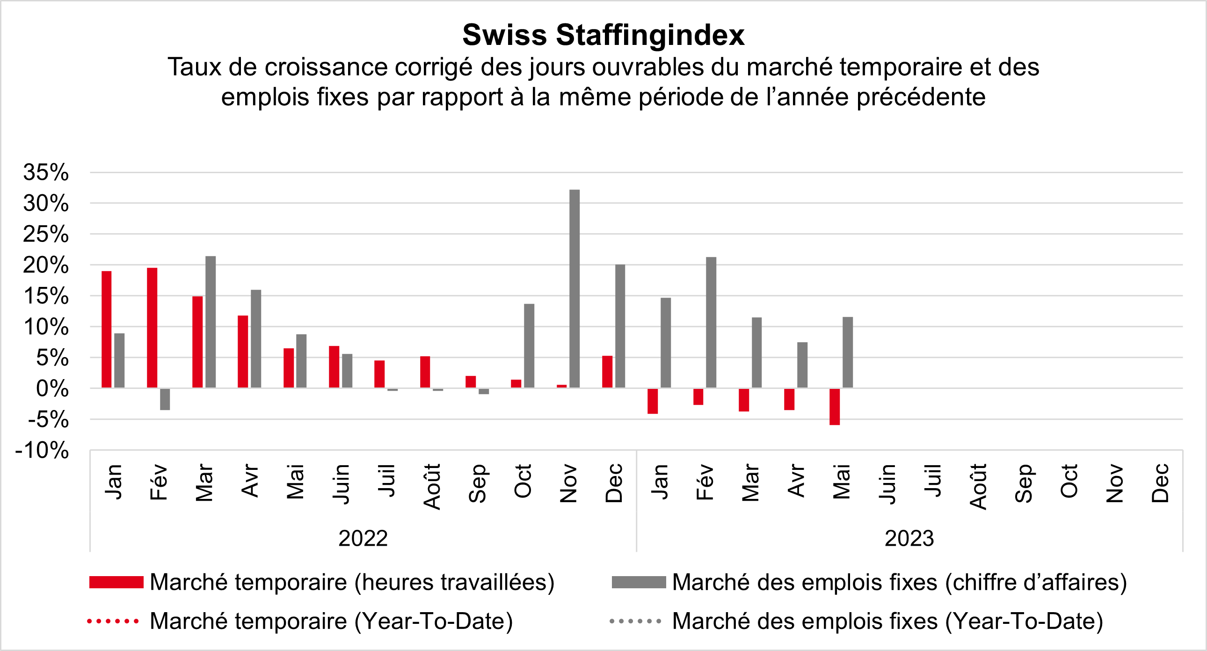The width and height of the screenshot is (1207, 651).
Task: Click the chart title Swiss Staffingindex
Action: (x=603, y=35)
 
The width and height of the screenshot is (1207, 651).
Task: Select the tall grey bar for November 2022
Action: (x=574, y=288)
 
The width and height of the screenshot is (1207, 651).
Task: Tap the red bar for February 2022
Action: (x=152, y=328)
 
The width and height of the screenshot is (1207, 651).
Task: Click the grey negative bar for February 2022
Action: (x=165, y=399)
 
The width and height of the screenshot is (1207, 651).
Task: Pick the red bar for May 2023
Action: (x=835, y=406)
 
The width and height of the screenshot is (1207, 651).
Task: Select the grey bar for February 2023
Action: (x=711, y=322)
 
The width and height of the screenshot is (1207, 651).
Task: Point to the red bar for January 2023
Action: (x=652, y=401)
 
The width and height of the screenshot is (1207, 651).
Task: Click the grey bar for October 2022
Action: (x=529, y=345)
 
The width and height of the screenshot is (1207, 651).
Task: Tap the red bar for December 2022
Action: (x=607, y=372)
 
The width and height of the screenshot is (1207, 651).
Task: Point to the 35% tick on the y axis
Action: (x=46, y=173)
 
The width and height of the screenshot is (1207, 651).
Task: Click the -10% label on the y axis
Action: (x=42, y=450)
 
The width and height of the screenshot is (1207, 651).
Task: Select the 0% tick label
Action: (x=52, y=388)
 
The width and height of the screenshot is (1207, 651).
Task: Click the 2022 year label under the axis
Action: (x=363, y=538)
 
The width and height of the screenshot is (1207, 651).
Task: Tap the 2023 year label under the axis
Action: (x=909, y=538)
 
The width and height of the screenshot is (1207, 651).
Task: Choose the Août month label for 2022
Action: (x=432, y=486)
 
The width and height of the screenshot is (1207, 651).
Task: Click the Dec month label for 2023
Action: (x=1160, y=483)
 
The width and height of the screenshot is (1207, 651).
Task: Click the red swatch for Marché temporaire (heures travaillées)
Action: (x=116, y=582)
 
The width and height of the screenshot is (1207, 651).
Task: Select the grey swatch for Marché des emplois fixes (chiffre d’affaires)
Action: (x=639, y=582)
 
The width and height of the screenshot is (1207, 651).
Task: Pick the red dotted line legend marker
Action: (x=113, y=622)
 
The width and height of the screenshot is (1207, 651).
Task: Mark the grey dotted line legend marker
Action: (x=635, y=622)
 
